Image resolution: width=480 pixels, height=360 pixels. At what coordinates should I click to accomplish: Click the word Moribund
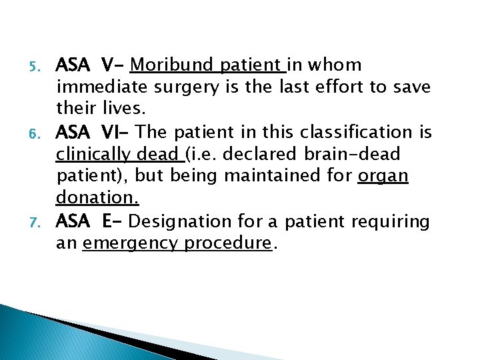[172, 65]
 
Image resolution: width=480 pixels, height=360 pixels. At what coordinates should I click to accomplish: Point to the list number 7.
[39, 221]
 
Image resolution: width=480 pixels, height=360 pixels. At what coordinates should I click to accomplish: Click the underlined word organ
[383, 176]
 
